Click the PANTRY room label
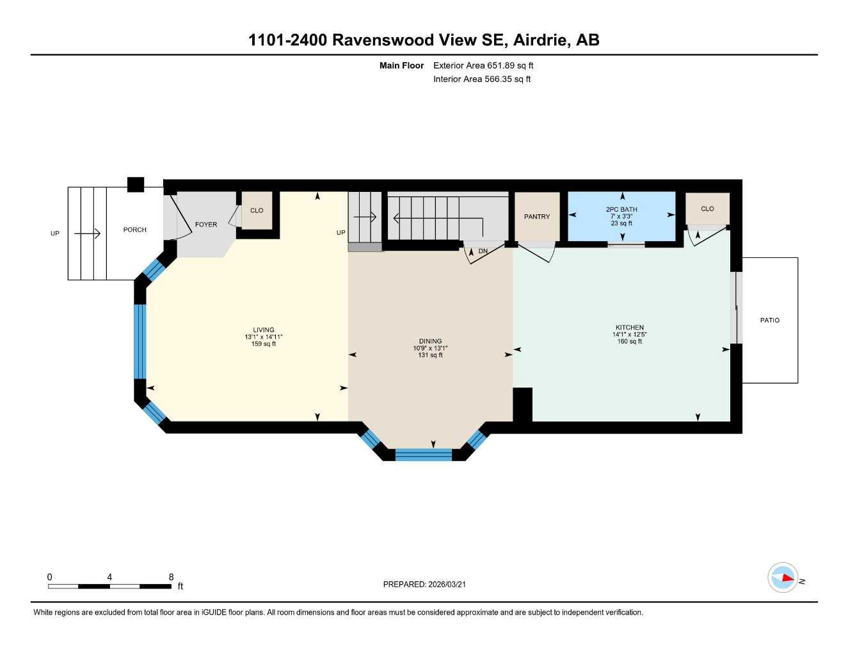click(536, 217)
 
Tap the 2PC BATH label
click(621, 210)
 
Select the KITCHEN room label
click(630, 327)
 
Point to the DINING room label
click(430, 342)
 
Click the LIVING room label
click(263, 330)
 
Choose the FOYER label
click(205, 225)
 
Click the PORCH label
click(134, 230)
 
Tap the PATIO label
click(769, 320)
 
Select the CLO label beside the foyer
click(257, 210)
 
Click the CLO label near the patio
click(707, 209)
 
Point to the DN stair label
click(483, 251)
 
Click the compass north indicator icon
click(783, 578)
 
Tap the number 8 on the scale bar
click(171, 577)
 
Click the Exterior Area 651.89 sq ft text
click(483, 65)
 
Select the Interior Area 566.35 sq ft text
click(482, 79)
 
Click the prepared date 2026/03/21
click(447, 584)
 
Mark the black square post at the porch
click(136, 184)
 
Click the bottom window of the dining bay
click(424, 455)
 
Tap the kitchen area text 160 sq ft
click(630, 342)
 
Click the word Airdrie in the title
click(541, 40)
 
